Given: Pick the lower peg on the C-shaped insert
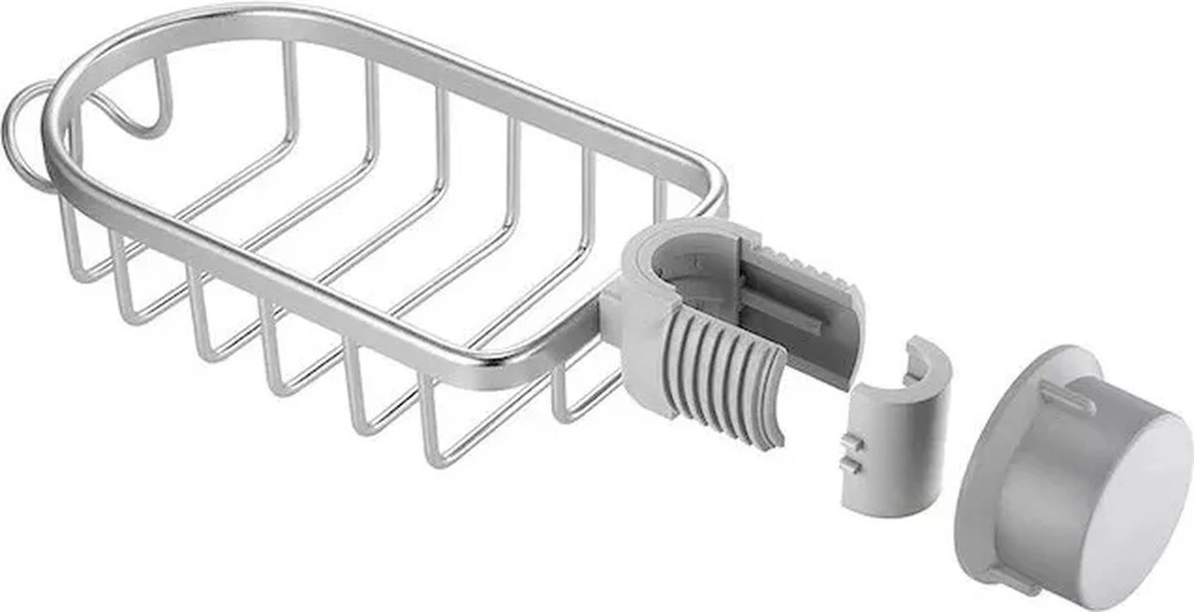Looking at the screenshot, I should tap(849, 463).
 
